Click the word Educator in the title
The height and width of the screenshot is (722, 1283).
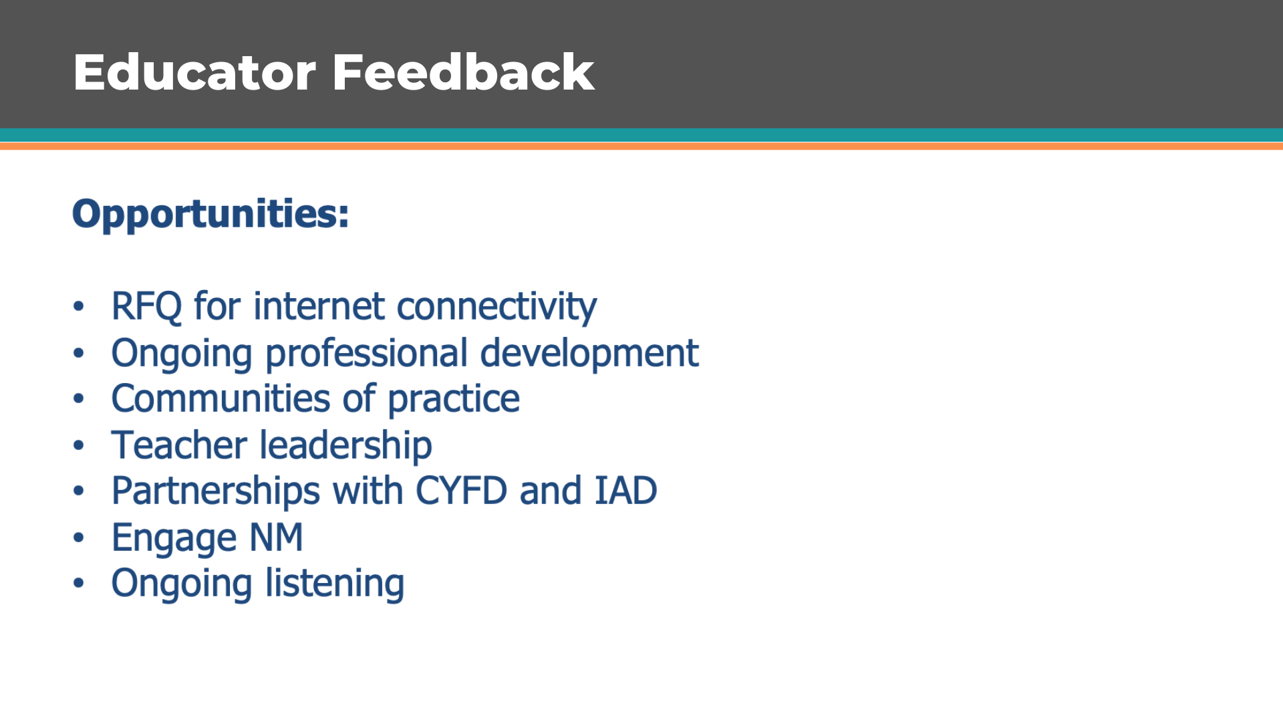194,72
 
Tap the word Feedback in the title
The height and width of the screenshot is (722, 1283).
463,72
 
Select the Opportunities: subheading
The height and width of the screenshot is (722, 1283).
210,215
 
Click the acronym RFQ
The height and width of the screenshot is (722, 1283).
146,307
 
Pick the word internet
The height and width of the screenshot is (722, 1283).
319,307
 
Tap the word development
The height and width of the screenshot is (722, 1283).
589,354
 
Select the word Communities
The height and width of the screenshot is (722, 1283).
221,399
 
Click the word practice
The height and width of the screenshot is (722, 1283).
454,400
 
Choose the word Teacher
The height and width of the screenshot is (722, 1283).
179,445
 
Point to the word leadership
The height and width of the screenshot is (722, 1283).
345,446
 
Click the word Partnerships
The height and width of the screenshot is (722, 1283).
216,492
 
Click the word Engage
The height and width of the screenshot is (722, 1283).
174,539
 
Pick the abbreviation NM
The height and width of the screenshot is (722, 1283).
276,537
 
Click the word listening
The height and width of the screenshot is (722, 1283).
335,584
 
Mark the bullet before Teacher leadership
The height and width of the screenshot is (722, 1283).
79,445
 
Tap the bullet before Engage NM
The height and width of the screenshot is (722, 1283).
79,537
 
